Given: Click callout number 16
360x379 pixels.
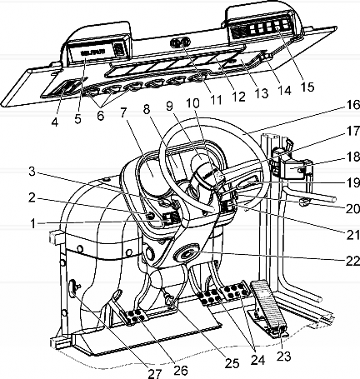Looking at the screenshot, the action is point(352,106).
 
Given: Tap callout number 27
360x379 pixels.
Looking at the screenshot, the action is point(153,373).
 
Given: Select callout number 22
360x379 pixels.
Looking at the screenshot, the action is point(352,261).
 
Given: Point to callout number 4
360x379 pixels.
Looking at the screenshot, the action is point(55,122).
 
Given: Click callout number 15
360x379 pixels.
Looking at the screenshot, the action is point(307,87).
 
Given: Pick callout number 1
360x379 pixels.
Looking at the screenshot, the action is point(32,223).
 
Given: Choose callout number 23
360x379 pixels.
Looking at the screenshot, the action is point(284,357).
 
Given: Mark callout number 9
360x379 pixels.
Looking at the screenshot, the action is point(170,106).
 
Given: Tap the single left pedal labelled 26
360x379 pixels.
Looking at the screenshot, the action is point(136,317).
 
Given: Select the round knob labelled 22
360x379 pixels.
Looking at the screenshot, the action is point(187,253).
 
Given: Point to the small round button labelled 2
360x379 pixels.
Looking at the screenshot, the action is point(150,216).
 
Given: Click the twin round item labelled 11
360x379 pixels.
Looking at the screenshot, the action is point(180,42).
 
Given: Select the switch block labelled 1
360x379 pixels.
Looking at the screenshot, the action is point(170,218).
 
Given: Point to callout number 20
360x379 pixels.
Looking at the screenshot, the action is point(352,209).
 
